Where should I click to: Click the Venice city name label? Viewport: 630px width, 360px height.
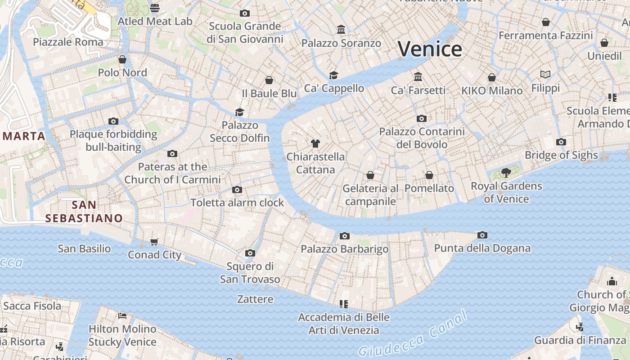[x=430, y=49]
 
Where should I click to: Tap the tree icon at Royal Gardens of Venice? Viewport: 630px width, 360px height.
[x=506, y=172]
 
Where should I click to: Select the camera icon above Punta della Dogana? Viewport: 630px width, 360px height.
[x=482, y=235]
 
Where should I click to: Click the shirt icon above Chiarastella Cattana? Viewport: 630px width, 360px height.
[x=315, y=144]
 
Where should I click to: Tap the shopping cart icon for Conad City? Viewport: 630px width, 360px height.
[x=154, y=242]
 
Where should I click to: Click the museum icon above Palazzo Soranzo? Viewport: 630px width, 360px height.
[x=341, y=30]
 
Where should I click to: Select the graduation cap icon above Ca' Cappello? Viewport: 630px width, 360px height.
[x=333, y=75]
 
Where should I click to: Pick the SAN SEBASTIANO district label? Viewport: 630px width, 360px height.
[x=84, y=211]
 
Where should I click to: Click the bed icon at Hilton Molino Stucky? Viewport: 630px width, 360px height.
[x=122, y=315]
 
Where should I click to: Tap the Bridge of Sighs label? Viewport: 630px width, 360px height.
[x=561, y=155]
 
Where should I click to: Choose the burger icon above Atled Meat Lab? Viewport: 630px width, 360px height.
[x=155, y=8]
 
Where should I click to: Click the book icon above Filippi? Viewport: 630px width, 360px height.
[x=545, y=74]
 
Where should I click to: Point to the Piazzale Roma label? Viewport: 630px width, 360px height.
[x=68, y=42]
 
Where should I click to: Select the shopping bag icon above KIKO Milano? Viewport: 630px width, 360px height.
[x=492, y=77]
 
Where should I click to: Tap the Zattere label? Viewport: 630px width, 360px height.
[x=255, y=299]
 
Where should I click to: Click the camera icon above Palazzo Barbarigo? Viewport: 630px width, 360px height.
[x=345, y=236]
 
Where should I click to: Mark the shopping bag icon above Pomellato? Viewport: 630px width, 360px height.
[x=429, y=175]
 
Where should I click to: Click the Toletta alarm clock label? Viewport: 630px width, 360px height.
[x=237, y=202]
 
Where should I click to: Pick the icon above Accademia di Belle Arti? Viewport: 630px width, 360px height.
[x=344, y=304]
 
